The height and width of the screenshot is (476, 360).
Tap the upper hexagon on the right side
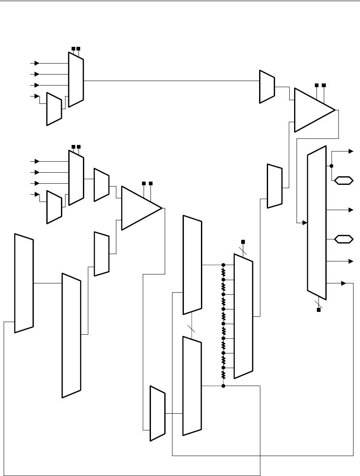[343, 180]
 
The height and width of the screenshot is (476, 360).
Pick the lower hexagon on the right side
[343, 239]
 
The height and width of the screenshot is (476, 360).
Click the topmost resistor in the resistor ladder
[223, 272]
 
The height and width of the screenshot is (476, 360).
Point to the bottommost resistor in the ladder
[223, 375]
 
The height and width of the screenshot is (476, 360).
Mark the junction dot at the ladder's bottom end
[223, 386]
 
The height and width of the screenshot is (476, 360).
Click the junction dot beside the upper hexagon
[332, 166]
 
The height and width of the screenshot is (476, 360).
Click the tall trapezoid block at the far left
[24, 283]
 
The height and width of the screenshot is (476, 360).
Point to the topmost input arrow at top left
[37, 63]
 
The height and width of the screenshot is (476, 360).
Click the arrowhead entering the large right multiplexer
[304, 223]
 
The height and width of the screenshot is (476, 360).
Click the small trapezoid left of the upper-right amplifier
[267, 86]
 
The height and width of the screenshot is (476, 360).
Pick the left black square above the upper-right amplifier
[316, 85]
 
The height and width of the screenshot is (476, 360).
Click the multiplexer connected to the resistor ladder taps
[243, 316]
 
